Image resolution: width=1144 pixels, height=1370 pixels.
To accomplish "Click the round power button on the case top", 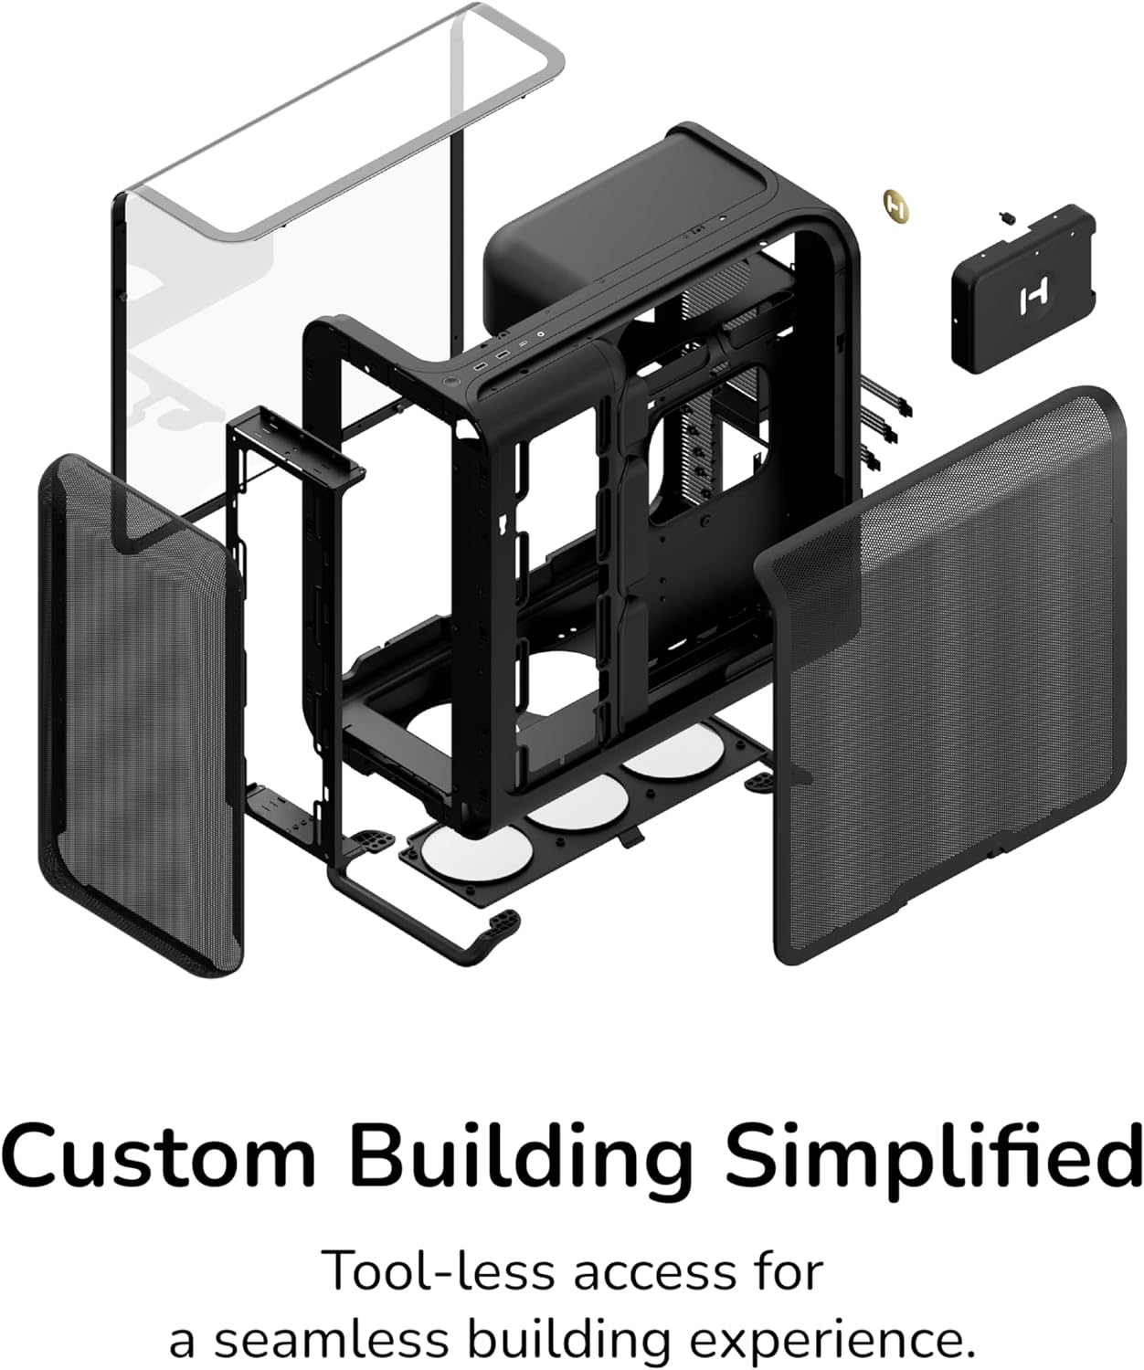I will coord(450,378).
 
